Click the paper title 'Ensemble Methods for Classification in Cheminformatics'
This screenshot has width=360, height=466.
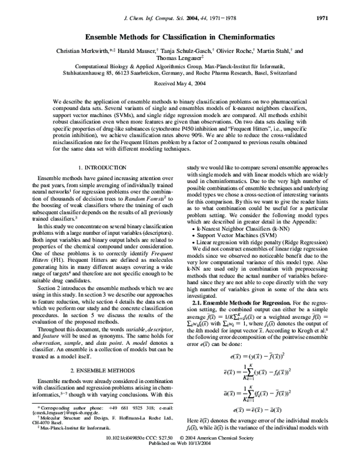pos(180,36)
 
